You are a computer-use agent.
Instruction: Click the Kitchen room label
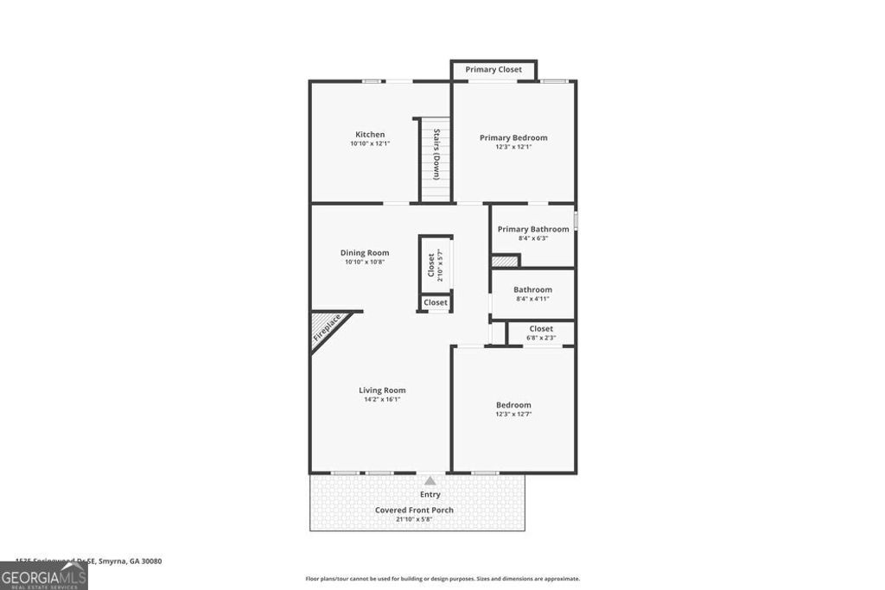click(x=369, y=134)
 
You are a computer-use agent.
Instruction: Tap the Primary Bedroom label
click(x=513, y=137)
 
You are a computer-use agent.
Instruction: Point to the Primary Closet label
click(x=493, y=69)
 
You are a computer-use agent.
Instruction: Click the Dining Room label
click(x=364, y=253)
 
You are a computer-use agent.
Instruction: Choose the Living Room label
click(x=382, y=390)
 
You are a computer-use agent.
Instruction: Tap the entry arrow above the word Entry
click(x=430, y=479)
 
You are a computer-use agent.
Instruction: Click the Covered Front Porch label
click(x=414, y=510)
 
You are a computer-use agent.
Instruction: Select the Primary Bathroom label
click(x=533, y=229)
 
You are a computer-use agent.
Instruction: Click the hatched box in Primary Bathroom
click(x=505, y=260)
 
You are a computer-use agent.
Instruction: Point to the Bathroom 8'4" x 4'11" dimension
click(x=532, y=299)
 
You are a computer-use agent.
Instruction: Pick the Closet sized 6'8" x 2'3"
click(x=541, y=333)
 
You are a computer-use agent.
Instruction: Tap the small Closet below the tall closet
click(x=436, y=302)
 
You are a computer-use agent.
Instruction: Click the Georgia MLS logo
click(x=43, y=575)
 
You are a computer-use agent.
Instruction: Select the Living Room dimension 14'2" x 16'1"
click(x=382, y=399)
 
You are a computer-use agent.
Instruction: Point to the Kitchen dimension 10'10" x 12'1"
click(x=369, y=143)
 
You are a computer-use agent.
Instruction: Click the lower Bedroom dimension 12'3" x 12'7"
click(x=513, y=415)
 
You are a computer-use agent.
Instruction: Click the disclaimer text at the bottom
click(x=442, y=579)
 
